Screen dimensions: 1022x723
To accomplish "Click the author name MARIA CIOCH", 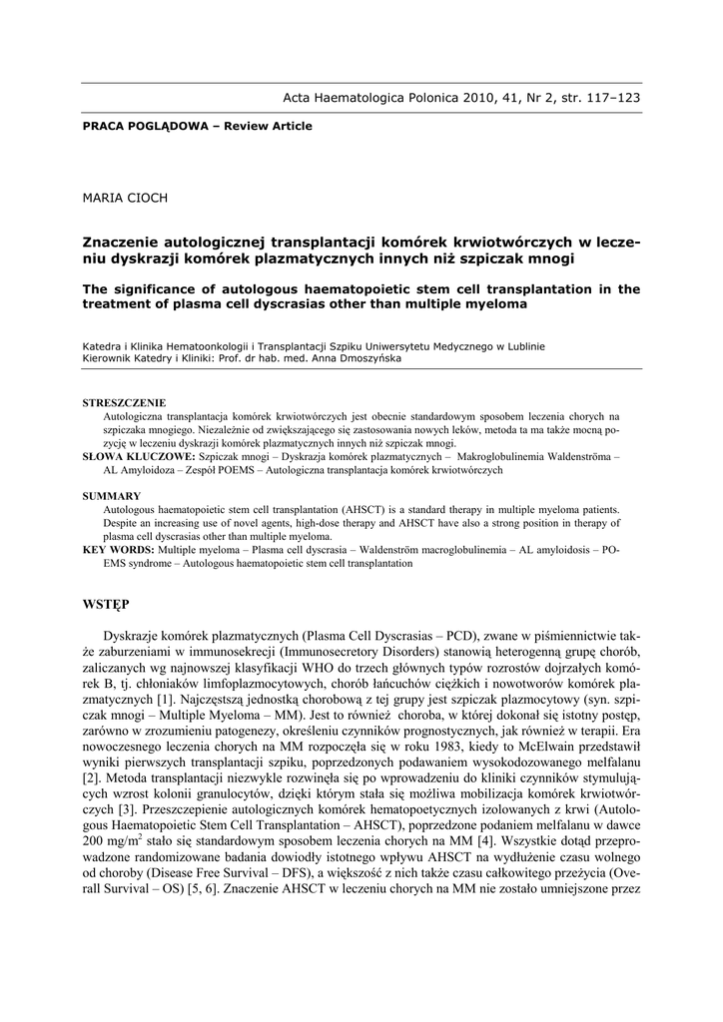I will click(124, 198).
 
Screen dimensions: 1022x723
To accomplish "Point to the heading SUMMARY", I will click(112, 495).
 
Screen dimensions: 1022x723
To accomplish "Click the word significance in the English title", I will click(157, 289).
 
